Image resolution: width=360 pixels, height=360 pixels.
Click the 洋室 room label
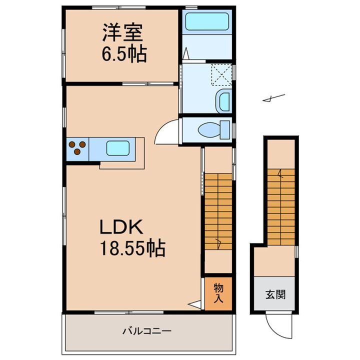[123, 33]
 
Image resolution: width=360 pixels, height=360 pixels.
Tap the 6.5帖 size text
[124, 53]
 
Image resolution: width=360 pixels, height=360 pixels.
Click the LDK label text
[122, 228]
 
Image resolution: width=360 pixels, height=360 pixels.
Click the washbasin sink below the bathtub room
[223, 101]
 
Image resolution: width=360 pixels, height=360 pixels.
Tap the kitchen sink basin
[119, 148]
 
